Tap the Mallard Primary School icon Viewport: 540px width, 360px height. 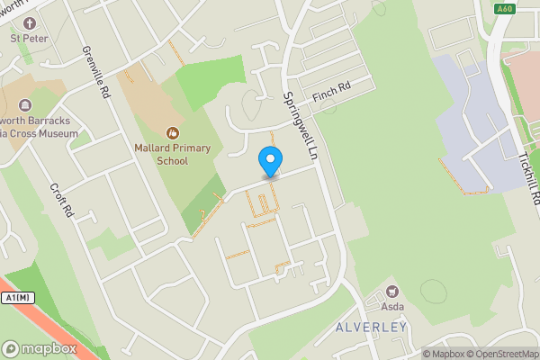point(172,132)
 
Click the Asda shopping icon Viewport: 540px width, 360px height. point(391,291)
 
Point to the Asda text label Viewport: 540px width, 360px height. point(391,307)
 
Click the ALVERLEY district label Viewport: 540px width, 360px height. point(373,327)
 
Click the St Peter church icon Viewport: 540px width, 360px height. point(29,22)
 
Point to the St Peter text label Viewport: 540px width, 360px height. point(29,39)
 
